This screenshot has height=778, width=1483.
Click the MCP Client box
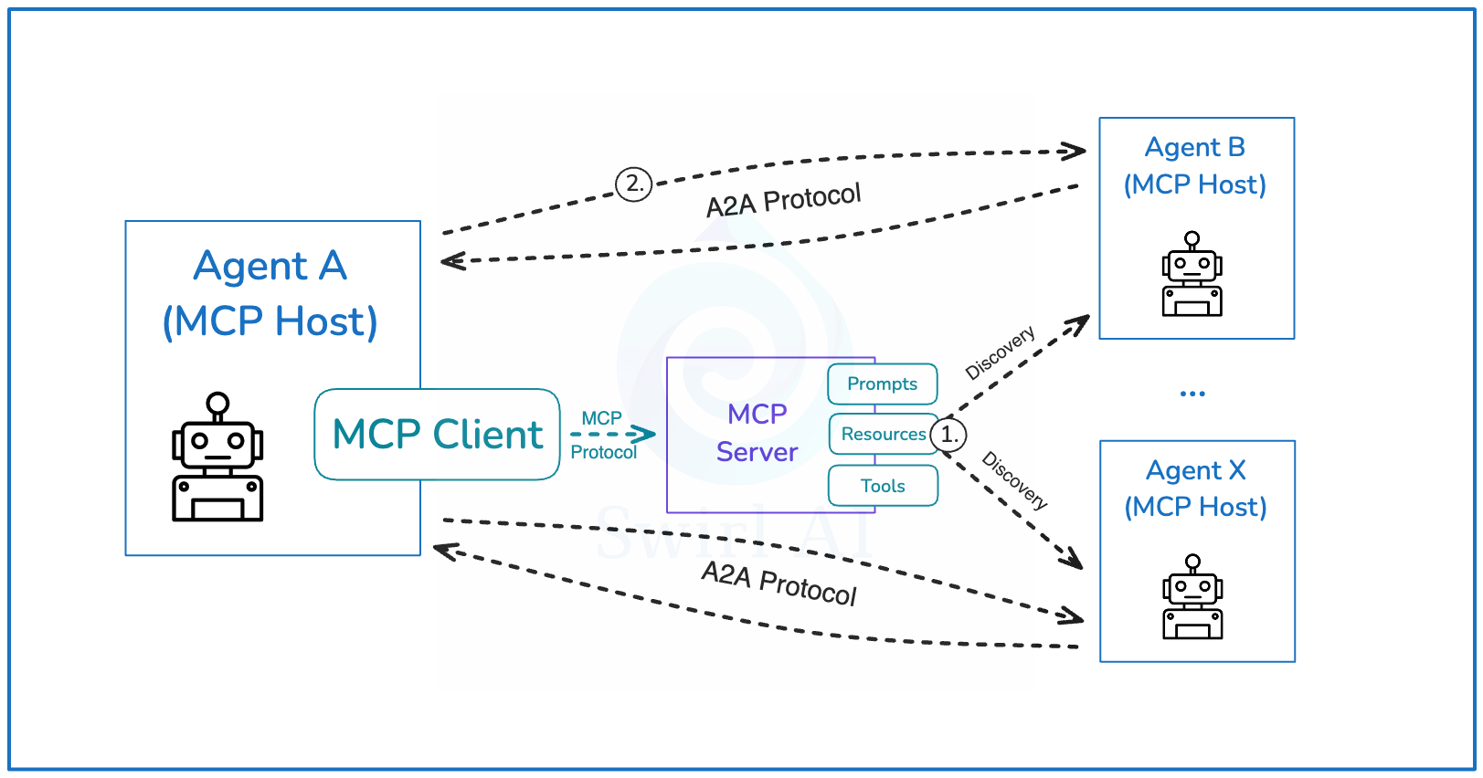point(437,435)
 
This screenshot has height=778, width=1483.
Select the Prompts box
point(882,384)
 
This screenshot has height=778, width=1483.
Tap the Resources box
point(882,434)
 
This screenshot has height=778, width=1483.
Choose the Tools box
point(882,486)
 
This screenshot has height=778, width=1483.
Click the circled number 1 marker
point(948,435)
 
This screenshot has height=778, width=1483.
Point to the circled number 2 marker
point(633,184)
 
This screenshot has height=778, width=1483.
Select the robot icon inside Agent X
point(1192,597)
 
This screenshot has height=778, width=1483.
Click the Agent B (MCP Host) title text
point(1195,166)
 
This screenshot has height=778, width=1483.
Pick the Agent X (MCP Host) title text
point(1195,489)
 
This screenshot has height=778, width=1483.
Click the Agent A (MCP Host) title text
point(270,293)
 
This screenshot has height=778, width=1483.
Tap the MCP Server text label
point(757,433)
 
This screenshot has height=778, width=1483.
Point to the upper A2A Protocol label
point(783,200)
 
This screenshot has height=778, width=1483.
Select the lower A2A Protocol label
point(779,583)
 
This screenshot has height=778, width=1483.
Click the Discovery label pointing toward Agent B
point(1000,352)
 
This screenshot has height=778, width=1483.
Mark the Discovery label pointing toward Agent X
point(1014,479)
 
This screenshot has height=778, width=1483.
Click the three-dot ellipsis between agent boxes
point(1192,394)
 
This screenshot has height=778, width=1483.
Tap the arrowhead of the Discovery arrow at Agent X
point(1073,559)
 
